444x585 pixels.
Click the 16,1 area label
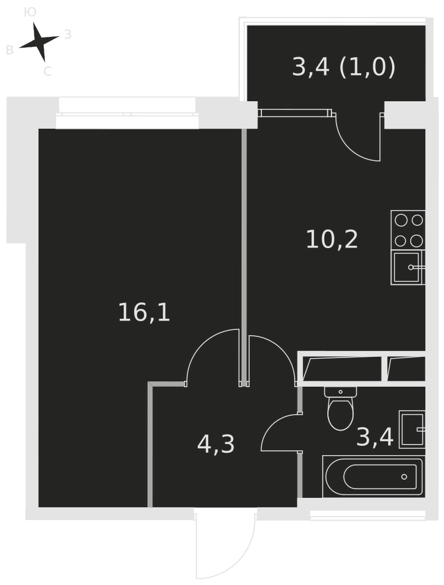144,312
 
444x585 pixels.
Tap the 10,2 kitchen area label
332,239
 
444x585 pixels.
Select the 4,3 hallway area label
216,445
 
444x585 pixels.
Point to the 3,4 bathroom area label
374,437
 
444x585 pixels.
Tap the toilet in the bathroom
340,408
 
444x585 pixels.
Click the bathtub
373,476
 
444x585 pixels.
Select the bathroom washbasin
412,429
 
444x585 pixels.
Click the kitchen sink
408,267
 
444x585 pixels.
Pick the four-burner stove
408,230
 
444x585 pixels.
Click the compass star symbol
39,42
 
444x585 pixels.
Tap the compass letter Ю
30,13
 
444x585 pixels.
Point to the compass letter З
68,35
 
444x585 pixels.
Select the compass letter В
10,50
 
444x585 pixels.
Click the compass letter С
47,71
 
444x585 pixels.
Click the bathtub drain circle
404,476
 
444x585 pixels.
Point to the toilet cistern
341,392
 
